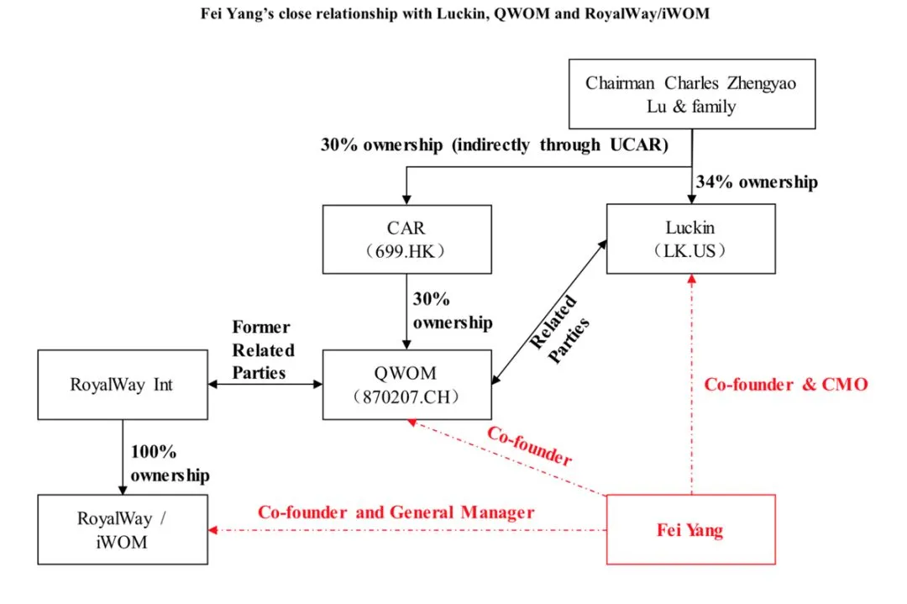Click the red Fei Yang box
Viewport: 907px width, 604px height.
[690, 529]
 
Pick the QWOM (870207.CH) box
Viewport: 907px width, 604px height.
[407, 385]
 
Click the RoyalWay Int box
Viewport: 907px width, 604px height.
[123, 385]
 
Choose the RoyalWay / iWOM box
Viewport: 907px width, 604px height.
[123, 529]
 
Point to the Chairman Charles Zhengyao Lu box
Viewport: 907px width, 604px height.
[690, 94]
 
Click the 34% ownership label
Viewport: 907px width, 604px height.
[756, 182]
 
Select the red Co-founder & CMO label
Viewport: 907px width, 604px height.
[785, 384]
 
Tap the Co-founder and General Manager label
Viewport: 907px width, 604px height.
[396, 512]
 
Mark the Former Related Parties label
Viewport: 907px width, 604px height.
[264, 349]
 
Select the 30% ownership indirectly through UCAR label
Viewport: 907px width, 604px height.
[494, 144]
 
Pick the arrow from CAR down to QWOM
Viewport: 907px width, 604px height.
[407, 315]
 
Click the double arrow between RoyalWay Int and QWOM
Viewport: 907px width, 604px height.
[265, 384]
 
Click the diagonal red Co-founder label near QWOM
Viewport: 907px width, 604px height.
[530, 446]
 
